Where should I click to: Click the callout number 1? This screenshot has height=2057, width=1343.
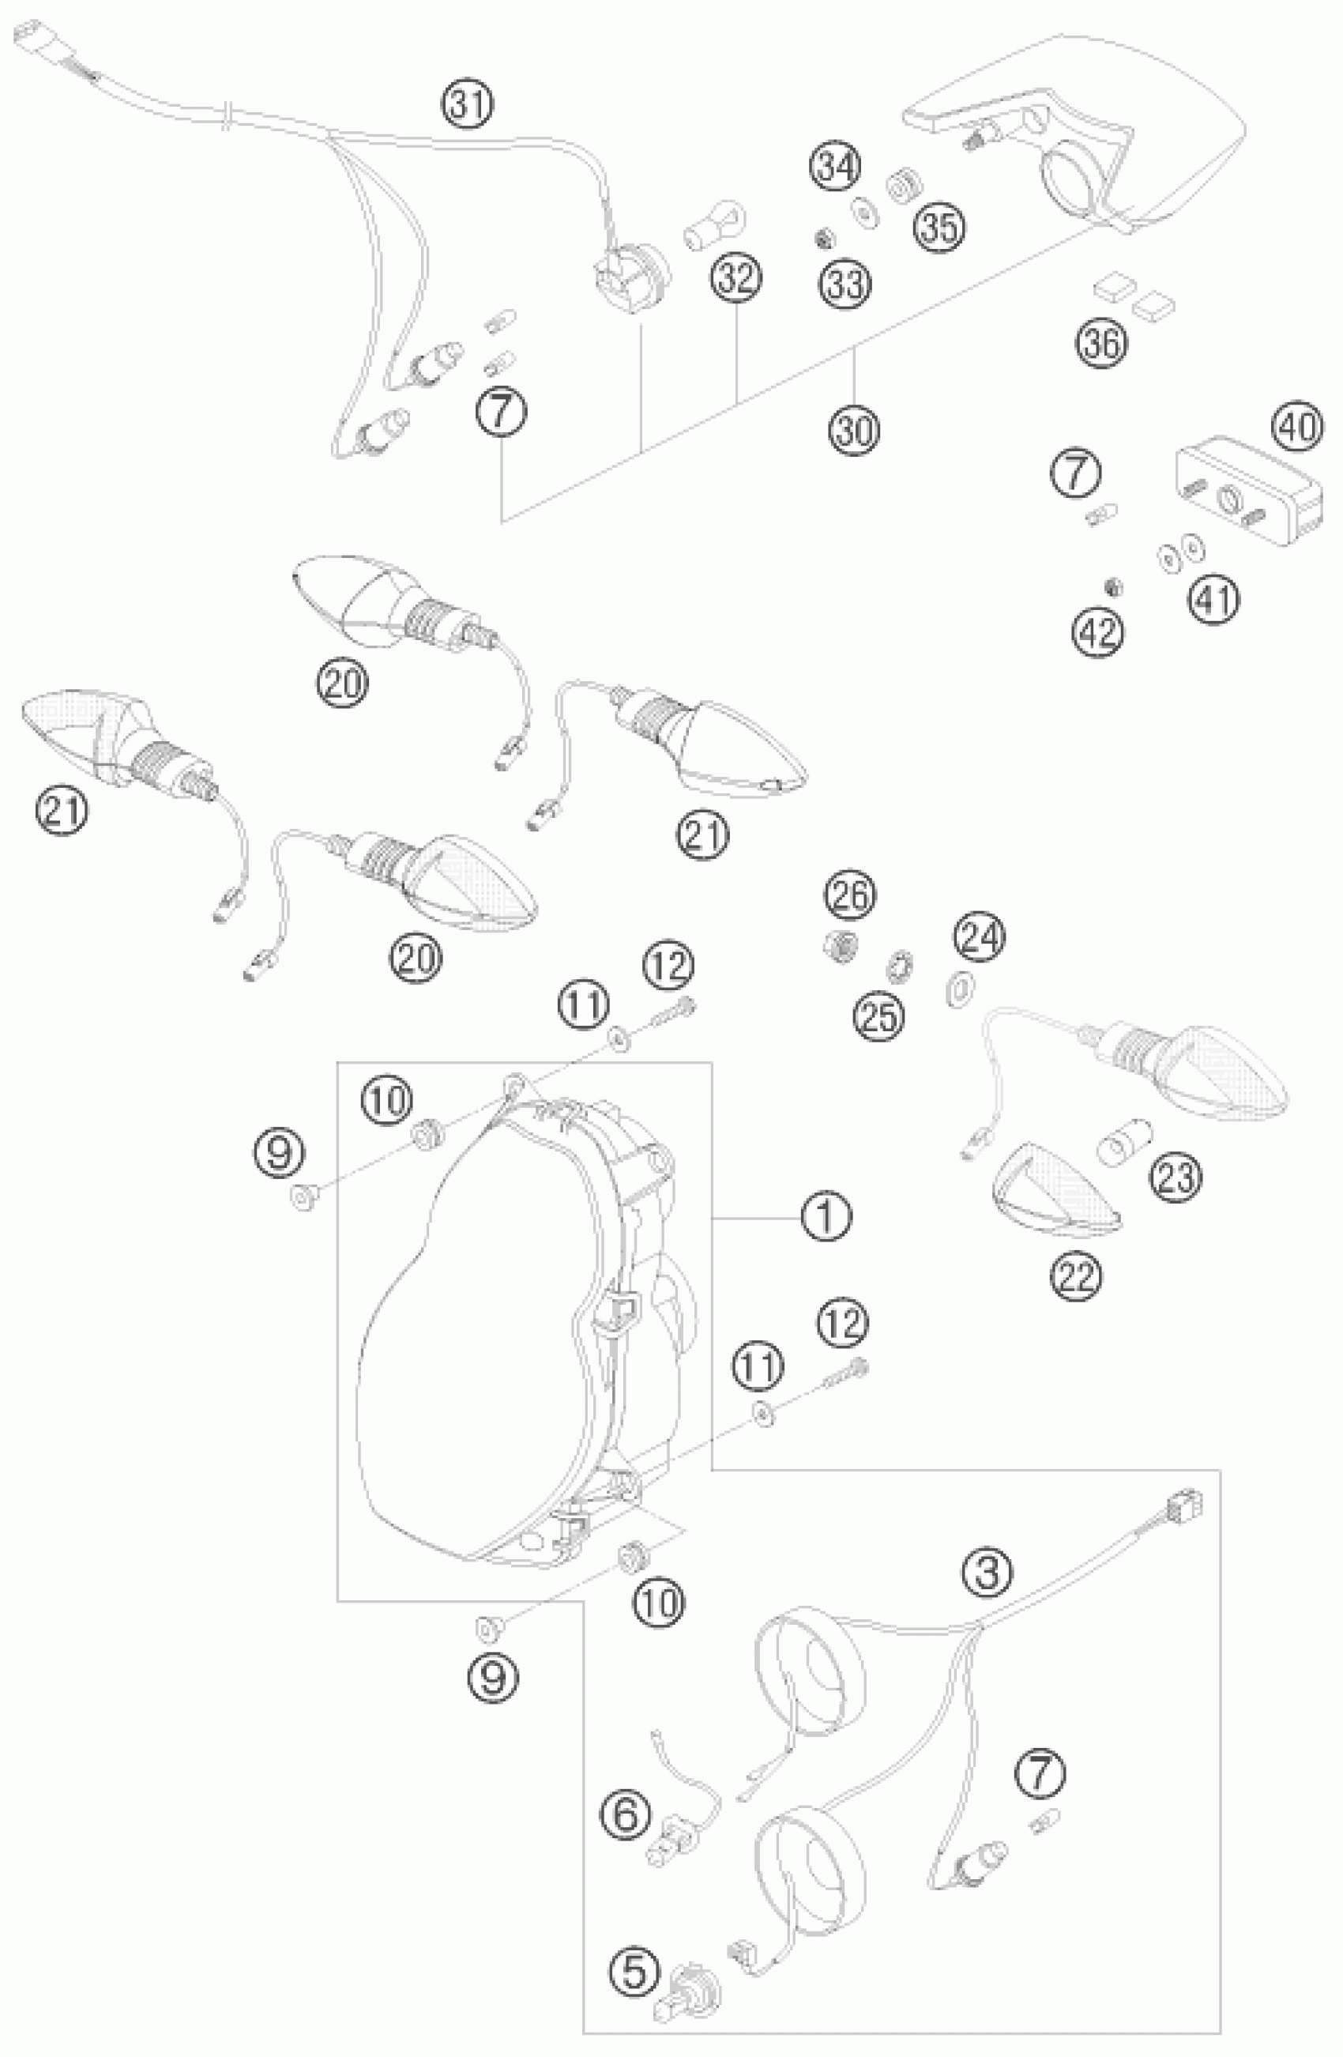pos(826,1215)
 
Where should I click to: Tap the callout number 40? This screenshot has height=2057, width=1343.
pos(1297,428)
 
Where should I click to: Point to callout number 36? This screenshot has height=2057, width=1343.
pos(1103,343)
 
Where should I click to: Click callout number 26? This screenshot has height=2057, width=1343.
pos(849,895)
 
